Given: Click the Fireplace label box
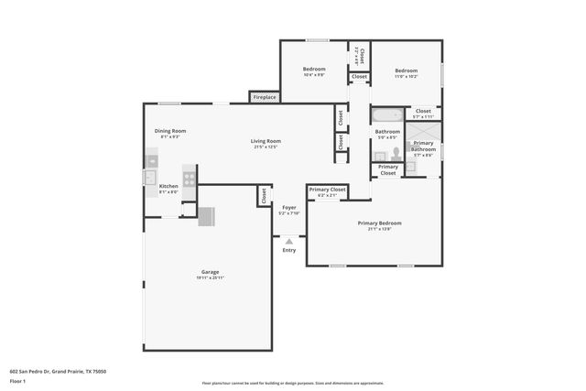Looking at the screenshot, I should [x=265, y=96].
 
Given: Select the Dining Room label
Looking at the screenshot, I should [x=170, y=131].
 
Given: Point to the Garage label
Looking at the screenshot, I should [x=210, y=272].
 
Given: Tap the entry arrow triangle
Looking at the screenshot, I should [x=289, y=241].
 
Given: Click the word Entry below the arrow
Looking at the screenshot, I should [x=289, y=250].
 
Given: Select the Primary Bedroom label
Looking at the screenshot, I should [x=379, y=223].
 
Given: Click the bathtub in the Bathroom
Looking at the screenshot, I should [x=385, y=116].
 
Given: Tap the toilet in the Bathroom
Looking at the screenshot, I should [x=396, y=153].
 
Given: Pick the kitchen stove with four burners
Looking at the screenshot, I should [x=190, y=179].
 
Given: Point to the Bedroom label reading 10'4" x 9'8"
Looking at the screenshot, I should [x=314, y=70].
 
